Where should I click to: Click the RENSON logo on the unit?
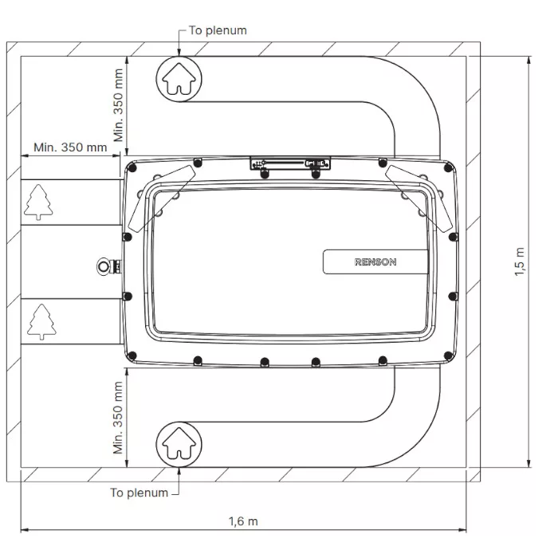(375, 262)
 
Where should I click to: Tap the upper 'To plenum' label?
(218, 30)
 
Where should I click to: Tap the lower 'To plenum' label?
(139, 493)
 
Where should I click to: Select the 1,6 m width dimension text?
(243, 521)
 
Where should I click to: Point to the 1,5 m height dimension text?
(520, 261)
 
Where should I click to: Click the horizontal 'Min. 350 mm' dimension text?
(70, 147)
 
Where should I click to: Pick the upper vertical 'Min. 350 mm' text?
(118, 105)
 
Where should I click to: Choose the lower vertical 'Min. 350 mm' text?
(118, 418)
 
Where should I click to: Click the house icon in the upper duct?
(179, 79)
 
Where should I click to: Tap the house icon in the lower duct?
(179, 443)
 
